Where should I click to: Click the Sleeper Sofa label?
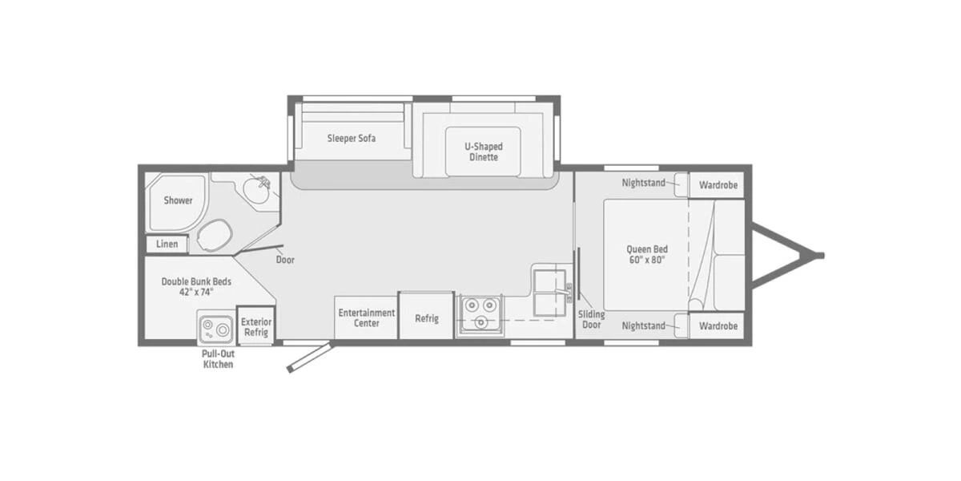[x=351, y=138]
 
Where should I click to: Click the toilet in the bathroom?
[x=214, y=236]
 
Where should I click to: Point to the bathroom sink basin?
[x=258, y=192]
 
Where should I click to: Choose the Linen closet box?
[x=167, y=243]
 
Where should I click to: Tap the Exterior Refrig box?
[x=256, y=326]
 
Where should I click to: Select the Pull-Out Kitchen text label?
[x=217, y=358]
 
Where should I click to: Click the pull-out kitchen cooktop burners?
[x=215, y=329]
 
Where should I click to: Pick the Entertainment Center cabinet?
[x=366, y=317]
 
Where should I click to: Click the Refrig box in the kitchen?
[x=426, y=317]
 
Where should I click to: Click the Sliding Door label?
[x=591, y=319]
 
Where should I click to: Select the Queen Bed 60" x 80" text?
[x=646, y=254]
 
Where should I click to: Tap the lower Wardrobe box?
[x=718, y=326]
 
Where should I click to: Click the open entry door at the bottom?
[x=308, y=358]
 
